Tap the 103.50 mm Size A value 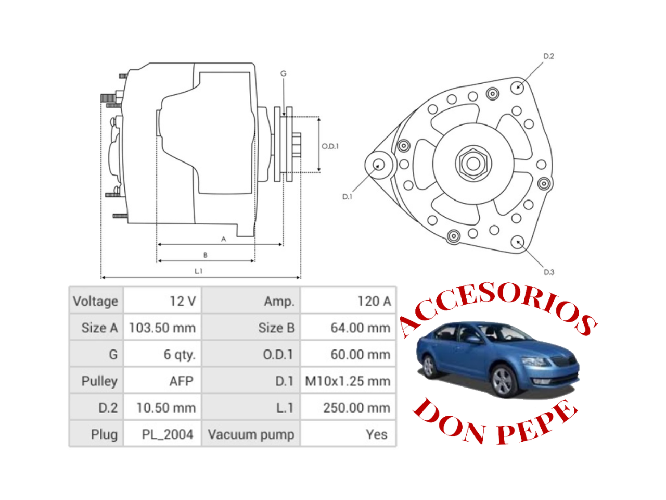(162, 328)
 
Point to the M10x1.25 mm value (348, 381)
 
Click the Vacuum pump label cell (251, 434)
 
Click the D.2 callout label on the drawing (548, 56)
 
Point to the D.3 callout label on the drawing (548, 272)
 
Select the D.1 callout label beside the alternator (347, 197)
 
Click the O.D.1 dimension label (330, 146)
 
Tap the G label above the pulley (284, 73)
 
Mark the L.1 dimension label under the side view (198, 271)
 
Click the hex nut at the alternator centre (473, 164)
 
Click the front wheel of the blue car (504, 381)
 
